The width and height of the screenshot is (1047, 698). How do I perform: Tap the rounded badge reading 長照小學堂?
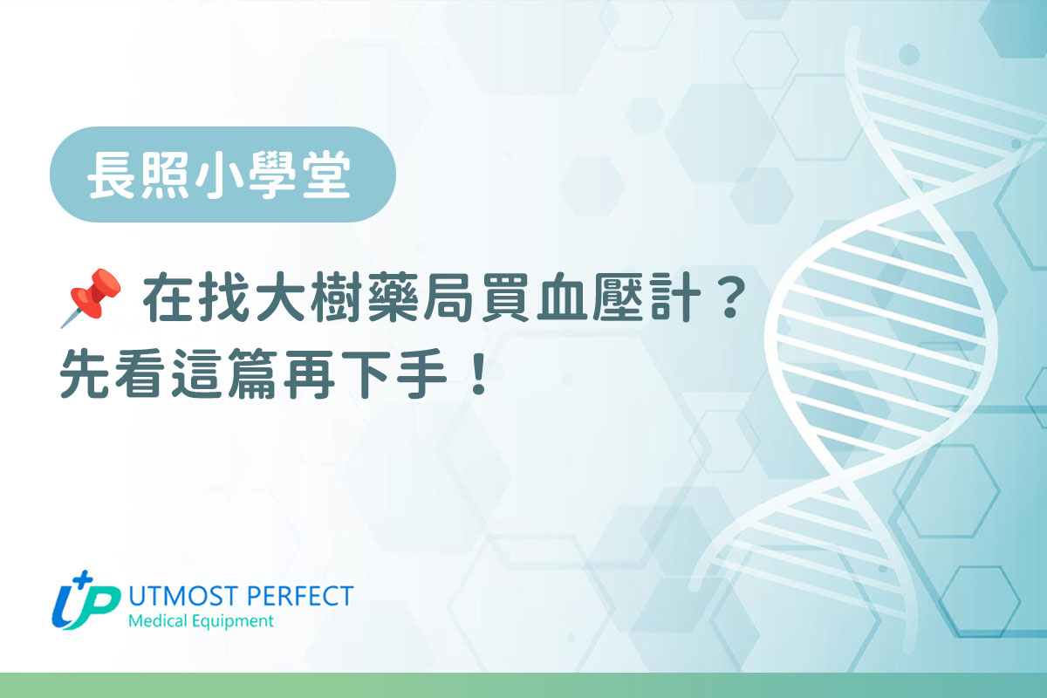(x=222, y=174)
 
